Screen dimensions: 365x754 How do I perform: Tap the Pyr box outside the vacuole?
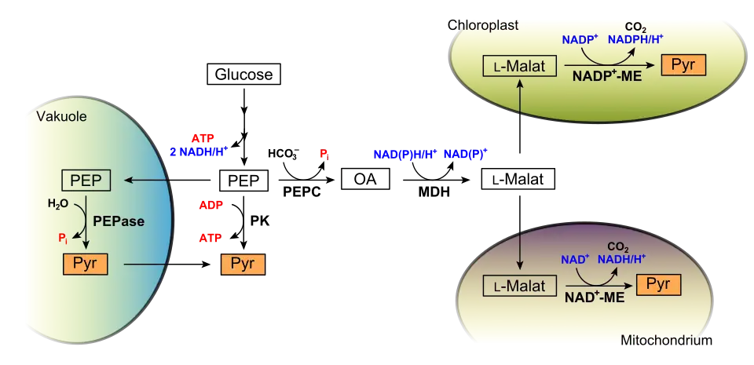(x=243, y=264)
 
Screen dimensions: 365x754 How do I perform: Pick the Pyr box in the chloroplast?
(x=683, y=64)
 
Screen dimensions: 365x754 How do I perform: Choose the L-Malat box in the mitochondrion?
(x=519, y=287)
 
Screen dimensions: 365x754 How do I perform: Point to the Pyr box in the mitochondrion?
(x=659, y=284)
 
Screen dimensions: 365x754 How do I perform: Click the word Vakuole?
(x=62, y=118)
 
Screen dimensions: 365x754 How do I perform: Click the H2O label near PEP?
(x=58, y=204)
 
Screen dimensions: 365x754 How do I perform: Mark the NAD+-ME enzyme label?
(x=594, y=297)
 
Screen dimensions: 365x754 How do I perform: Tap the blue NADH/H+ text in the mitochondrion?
(x=622, y=258)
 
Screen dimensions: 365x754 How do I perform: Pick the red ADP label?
(x=210, y=206)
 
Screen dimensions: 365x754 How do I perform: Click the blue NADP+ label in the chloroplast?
(x=580, y=39)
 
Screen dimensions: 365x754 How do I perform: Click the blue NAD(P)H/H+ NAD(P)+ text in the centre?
(x=430, y=155)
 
